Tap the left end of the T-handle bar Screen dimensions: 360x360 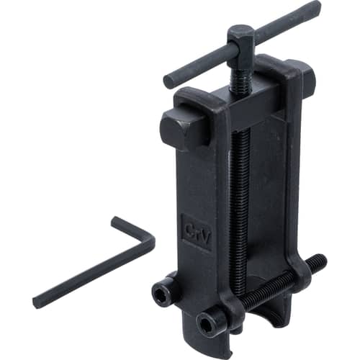168,81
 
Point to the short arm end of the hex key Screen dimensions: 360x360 117,220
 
